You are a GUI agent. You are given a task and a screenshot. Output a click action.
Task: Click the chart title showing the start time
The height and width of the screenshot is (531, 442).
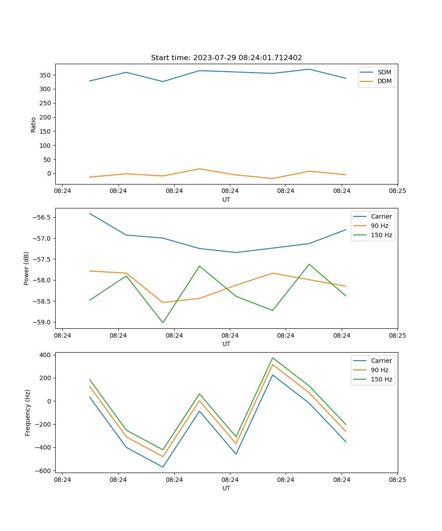click(226, 58)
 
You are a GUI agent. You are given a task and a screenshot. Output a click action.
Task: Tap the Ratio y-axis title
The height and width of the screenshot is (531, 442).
click(34, 124)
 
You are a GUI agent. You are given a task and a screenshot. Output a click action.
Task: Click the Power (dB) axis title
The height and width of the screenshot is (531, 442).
click(27, 268)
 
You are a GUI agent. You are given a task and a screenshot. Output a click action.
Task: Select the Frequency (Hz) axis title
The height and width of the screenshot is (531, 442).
click(28, 412)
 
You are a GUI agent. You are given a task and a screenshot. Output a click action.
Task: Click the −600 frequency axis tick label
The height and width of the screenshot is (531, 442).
click(44, 470)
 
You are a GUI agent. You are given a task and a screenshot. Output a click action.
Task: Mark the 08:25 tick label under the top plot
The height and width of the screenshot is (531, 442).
click(397, 191)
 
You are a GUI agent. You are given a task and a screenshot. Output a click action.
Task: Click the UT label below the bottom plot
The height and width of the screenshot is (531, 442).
click(226, 488)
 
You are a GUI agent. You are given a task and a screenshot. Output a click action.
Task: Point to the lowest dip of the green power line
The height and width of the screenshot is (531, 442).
click(163, 323)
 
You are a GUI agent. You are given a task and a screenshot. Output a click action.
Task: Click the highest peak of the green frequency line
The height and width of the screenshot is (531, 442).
click(273, 358)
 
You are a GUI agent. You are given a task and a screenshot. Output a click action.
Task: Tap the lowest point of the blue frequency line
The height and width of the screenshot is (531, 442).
click(163, 467)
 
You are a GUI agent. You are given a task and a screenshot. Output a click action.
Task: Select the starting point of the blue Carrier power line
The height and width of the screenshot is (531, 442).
click(90, 213)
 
